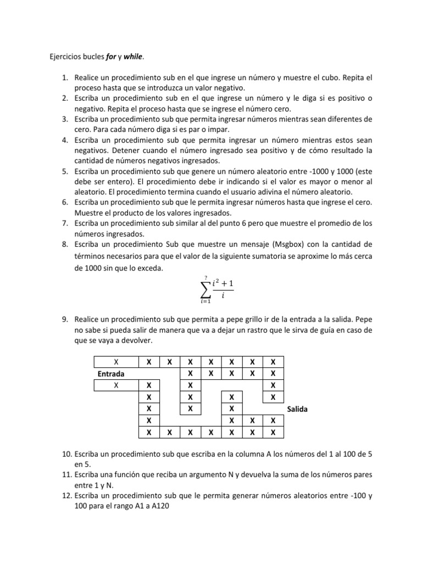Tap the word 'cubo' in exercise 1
[x=325, y=78]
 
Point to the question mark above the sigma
[x=206, y=277]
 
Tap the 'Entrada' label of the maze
[x=112, y=373]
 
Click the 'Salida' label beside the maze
[x=297, y=410]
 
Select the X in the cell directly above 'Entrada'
[x=116, y=362]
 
